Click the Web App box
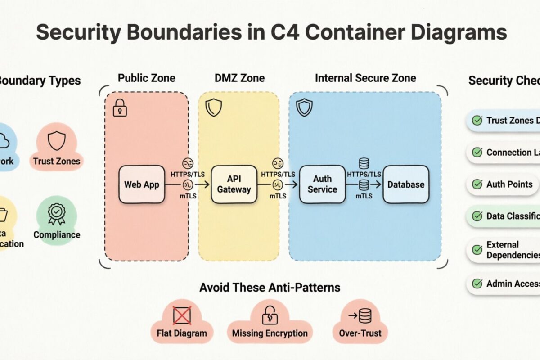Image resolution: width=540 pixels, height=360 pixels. tap(142, 184)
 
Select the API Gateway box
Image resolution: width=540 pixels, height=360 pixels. tap(234, 184)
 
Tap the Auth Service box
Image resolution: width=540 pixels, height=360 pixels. tap(322, 184)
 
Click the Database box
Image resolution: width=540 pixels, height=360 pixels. tap(406, 184)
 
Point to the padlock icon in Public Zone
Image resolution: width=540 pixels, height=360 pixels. tap(120, 108)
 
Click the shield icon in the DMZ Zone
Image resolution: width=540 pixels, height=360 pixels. tap(213, 108)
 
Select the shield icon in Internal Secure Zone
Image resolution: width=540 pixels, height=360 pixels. tap(304, 108)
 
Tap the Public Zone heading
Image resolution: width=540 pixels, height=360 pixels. tap(146, 78)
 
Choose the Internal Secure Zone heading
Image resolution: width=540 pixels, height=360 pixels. tap(365, 78)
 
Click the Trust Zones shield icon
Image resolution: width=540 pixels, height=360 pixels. tap(57, 141)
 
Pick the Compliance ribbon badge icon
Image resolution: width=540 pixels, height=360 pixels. tap(57, 213)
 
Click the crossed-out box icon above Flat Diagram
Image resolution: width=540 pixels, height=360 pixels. tap(182, 315)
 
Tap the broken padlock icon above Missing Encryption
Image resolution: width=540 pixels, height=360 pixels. tap(270, 315)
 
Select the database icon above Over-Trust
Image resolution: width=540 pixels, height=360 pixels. tap(365, 315)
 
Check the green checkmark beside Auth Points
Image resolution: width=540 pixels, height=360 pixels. tap(477, 184)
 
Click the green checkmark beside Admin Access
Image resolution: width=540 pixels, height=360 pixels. tap(477, 283)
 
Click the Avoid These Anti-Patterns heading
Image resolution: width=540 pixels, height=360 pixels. tap(270, 287)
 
